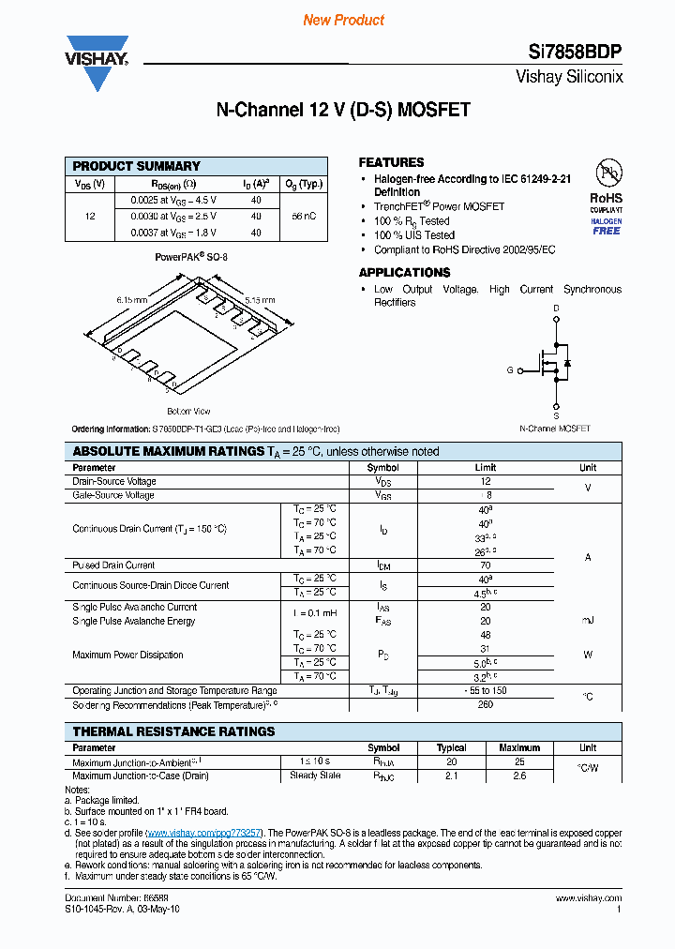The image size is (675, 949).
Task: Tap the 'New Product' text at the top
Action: click(344, 20)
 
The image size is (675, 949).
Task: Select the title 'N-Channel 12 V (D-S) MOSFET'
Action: click(343, 111)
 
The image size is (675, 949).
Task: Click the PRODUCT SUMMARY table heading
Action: click(137, 166)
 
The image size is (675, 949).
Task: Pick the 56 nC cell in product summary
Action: click(303, 216)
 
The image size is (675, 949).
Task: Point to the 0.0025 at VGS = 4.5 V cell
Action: click(167, 200)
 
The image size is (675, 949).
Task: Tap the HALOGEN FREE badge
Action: click(607, 226)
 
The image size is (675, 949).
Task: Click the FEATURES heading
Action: click(391, 162)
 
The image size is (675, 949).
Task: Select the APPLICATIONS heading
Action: click(404, 272)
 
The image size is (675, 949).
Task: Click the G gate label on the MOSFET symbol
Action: click(510, 370)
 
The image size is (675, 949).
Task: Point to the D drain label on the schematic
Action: click(556, 308)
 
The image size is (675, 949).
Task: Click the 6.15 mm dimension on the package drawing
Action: click(132, 299)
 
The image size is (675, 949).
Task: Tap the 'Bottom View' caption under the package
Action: click(188, 411)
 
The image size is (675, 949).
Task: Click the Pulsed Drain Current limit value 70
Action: click(486, 565)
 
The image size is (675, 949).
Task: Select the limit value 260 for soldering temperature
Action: click(486, 704)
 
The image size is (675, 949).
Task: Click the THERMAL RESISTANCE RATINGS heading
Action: click(174, 731)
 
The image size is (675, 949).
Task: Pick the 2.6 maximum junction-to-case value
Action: click(519, 776)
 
